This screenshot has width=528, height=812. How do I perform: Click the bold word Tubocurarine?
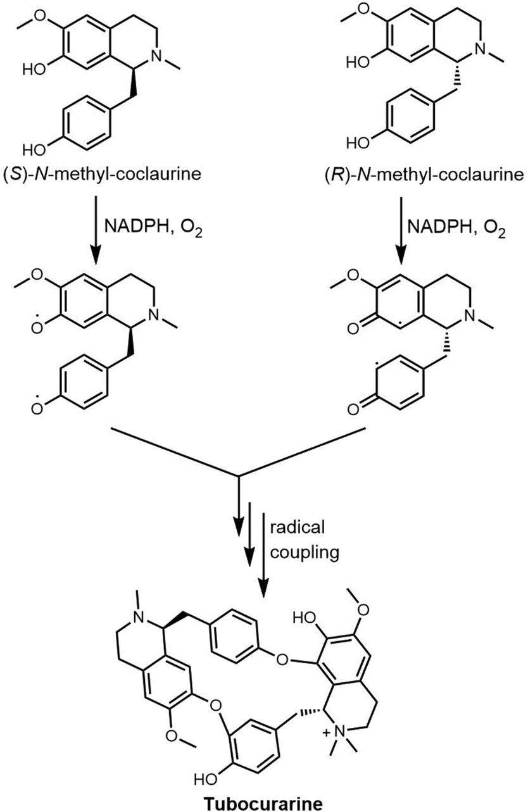coord(263,803)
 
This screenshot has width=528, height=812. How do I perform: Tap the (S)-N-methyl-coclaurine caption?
coord(102,175)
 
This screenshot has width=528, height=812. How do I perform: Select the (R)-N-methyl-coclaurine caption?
coord(424,175)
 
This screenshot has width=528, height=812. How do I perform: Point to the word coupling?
coord(305,553)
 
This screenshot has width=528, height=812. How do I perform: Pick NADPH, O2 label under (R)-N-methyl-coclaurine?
coord(456,228)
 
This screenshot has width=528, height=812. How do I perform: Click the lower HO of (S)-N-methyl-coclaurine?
coord(34,150)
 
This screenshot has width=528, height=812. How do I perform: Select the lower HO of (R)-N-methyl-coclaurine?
coord(358,142)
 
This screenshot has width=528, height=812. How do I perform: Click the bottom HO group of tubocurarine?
coord(206,777)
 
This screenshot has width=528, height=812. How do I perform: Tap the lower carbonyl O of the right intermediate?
coord(353,410)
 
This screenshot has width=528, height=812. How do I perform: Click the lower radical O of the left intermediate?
coord(36,408)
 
